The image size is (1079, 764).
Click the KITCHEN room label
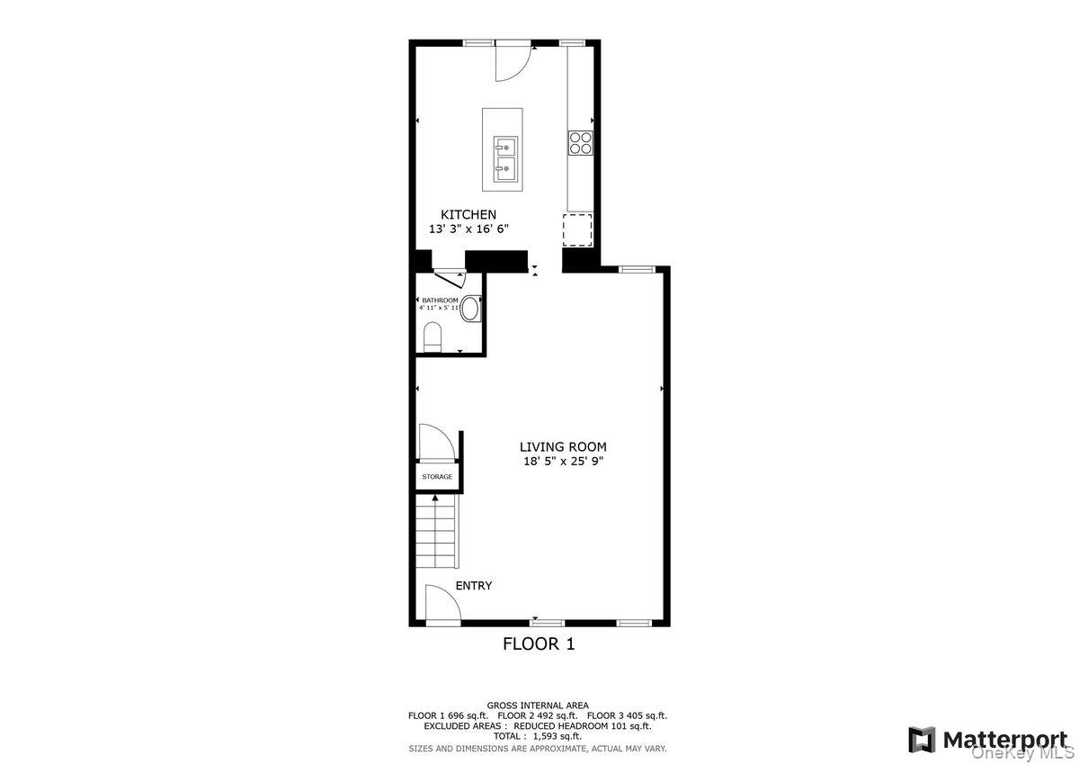click(468, 214)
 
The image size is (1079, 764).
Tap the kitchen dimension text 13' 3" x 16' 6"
click(468, 229)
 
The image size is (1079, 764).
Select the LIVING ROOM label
click(563, 446)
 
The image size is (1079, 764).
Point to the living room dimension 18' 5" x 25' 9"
click(563, 461)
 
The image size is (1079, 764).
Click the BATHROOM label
click(441, 300)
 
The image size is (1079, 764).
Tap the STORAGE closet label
click(437, 476)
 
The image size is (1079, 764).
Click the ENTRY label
click(473, 586)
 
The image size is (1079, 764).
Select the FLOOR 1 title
click(538, 643)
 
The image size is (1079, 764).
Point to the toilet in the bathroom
click(432, 338)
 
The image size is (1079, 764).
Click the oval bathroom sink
click(470, 308)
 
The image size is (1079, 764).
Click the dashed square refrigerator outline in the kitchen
click(578, 229)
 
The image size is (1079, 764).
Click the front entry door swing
click(441, 603)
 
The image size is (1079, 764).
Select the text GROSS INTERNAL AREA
click(538, 705)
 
